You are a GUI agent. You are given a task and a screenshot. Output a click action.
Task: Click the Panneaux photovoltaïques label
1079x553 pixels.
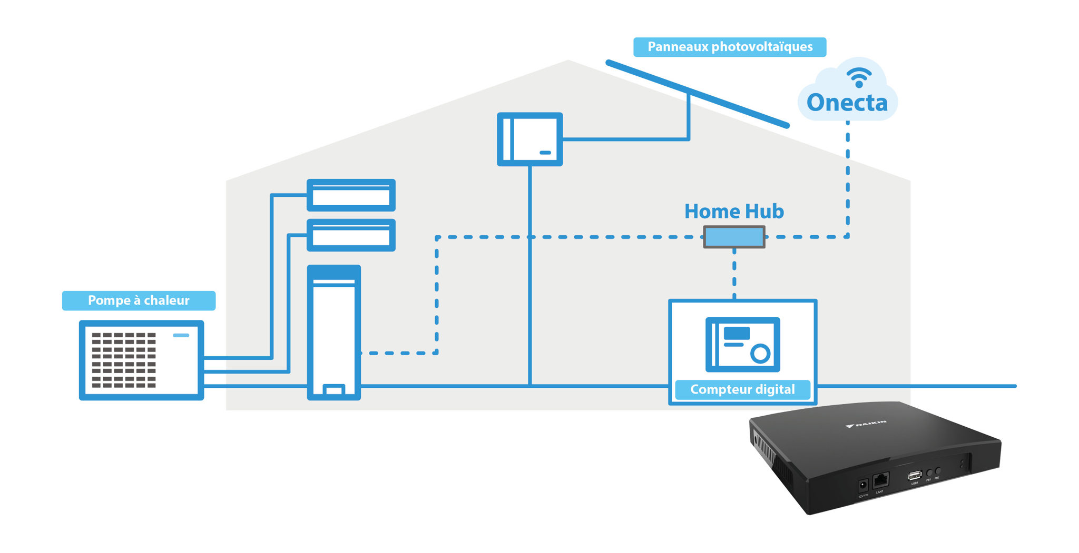coord(729,47)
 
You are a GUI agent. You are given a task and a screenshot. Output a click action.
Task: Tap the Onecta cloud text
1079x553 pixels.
coord(847,103)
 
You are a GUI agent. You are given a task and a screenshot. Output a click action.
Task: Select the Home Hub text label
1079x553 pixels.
coord(733,212)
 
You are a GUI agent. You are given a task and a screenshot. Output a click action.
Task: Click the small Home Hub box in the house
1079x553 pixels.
coord(734,237)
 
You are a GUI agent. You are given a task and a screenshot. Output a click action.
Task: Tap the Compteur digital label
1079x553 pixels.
coord(742,389)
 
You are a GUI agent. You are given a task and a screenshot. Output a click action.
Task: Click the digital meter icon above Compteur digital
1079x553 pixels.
coord(742,344)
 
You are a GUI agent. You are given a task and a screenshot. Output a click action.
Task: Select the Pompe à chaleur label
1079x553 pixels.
coord(139,300)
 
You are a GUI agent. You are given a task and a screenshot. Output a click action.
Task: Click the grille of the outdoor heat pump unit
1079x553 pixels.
coord(124,360)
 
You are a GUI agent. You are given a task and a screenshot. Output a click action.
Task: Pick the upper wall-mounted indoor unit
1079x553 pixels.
coord(351,195)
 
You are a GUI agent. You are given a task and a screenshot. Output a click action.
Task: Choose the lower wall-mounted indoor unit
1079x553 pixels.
coord(351,235)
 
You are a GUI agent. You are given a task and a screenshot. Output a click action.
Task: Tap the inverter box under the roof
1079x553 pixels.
coord(529,139)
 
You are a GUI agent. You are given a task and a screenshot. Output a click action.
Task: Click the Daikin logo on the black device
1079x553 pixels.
coord(867,424)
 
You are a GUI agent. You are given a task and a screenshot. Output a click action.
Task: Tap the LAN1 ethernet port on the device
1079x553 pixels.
coord(880,480)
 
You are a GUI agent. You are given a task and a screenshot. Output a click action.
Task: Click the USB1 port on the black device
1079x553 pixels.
coord(915,476)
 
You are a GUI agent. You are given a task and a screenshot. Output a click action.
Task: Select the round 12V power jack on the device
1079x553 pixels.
coord(862,485)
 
